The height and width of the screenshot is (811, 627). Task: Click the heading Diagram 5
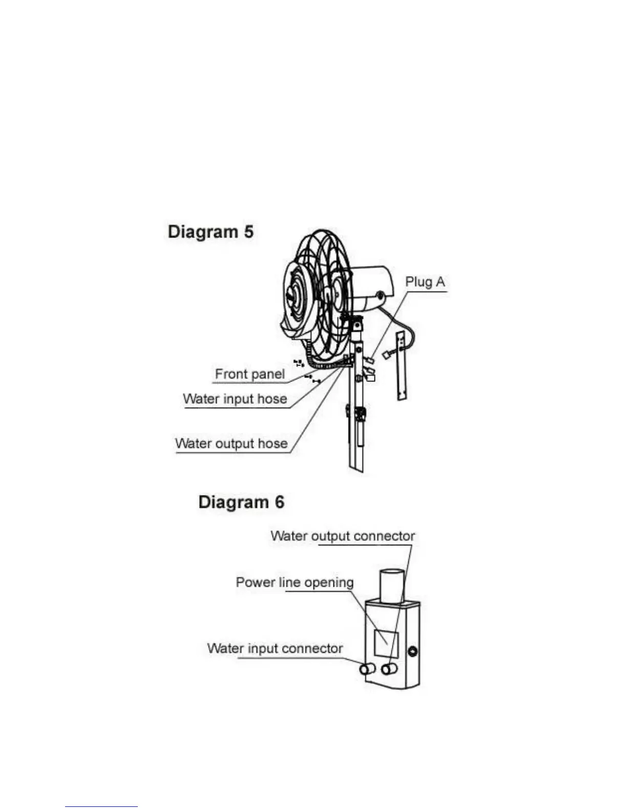click(x=211, y=232)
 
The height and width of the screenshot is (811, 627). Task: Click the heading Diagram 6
click(x=241, y=502)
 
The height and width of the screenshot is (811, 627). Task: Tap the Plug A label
click(x=425, y=282)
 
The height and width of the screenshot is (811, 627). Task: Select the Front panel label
click(x=249, y=374)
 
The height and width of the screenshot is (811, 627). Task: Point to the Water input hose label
click(x=235, y=399)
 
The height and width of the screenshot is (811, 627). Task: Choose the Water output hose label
click(x=231, y=443)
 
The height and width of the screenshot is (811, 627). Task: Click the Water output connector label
click(x=342, y=536)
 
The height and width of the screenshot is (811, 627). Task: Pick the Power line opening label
click(x=295, y=583)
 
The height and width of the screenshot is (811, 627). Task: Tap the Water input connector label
click(x=275, y=649)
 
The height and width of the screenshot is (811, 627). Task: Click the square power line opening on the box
click(x=386, y=643)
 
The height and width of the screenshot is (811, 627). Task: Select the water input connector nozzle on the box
click(x=367, y=669)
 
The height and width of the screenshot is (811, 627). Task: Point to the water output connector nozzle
click(x=389, y=669)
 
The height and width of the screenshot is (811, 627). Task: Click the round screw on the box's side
click(x=412, y=652)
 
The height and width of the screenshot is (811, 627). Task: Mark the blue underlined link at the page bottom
click(x=101, y=806)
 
